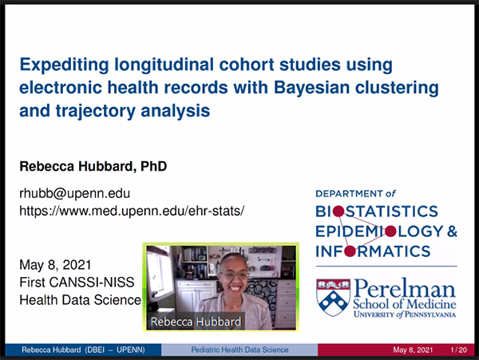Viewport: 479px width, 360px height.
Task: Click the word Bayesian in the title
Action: click(311, 89)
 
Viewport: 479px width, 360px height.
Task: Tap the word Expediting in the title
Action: click(64, 65)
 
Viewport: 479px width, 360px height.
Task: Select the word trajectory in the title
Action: click(95, 111)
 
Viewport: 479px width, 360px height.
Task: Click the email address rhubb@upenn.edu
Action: click(75, 193)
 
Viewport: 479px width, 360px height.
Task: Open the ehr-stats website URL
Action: click(132, 211)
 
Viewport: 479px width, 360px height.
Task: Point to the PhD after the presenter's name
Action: click(153, 166)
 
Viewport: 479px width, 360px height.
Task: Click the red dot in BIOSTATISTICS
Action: click(338, 212)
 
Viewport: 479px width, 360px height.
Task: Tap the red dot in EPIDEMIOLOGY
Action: click(390, 231)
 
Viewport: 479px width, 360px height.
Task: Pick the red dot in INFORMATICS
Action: click(350, 251)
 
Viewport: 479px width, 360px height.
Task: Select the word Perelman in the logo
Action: click(405, 288)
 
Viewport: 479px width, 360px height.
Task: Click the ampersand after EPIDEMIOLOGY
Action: click(452, 231)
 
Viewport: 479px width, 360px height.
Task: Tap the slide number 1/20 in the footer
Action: click(458, 350)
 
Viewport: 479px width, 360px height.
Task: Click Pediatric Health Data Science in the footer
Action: click(239, 350)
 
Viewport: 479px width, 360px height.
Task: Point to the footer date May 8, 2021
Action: click(413, 350)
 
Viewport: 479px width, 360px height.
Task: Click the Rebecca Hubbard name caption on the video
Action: click(196, 322)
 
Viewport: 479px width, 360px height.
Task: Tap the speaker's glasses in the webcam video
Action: click(235, 275)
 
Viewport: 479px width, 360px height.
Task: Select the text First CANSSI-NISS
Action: click(77, 283)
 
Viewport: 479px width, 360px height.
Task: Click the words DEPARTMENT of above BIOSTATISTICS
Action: click(355, 194)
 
